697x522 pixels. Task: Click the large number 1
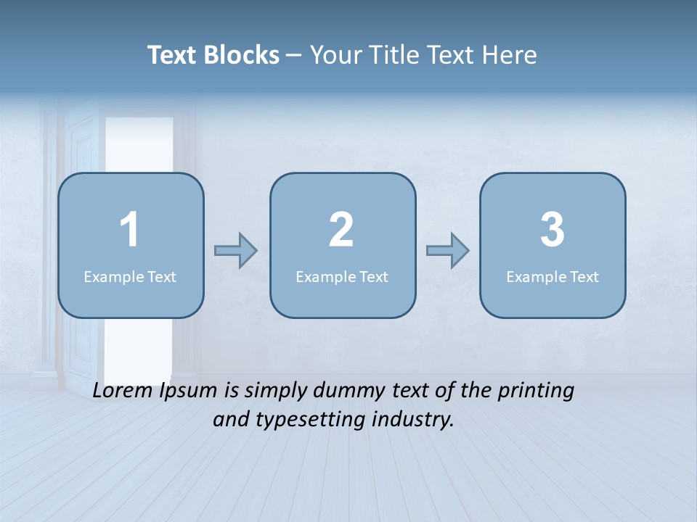click(x=130, y=230)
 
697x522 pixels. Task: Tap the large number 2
click(x=341, y=230)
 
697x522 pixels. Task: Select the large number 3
click(x=553, y=230)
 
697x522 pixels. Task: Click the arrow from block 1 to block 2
click(x=237, y=251)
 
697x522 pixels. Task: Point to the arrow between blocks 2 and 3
click(x=448, y=251)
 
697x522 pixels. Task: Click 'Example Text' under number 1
click(x=130, y=276)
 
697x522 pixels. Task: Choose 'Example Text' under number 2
click(x=342, y=276)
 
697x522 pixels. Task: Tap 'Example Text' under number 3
click(x=553, y=276)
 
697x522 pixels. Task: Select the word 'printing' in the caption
click(x=536, y=391)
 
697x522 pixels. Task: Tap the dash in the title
click(x=295, y=55)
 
